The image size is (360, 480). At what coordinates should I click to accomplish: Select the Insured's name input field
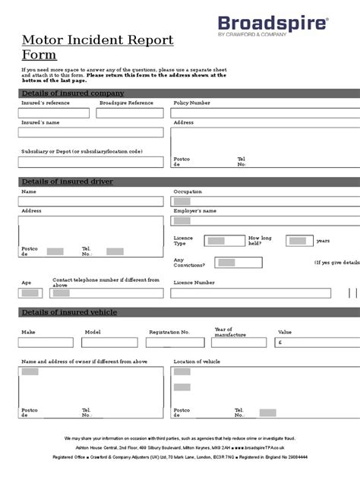[x=90, y=132]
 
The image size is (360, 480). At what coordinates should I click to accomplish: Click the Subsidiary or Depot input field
[x=90, y=162]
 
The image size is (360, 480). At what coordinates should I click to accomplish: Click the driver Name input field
[x=90, y=201]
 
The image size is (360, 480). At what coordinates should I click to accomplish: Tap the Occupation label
[x=189, y=192]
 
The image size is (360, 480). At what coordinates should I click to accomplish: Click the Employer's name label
[x=195, y=210]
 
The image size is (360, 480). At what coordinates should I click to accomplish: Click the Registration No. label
[x=169, y=332]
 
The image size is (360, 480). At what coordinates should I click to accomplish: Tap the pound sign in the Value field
[x=281, y=343]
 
